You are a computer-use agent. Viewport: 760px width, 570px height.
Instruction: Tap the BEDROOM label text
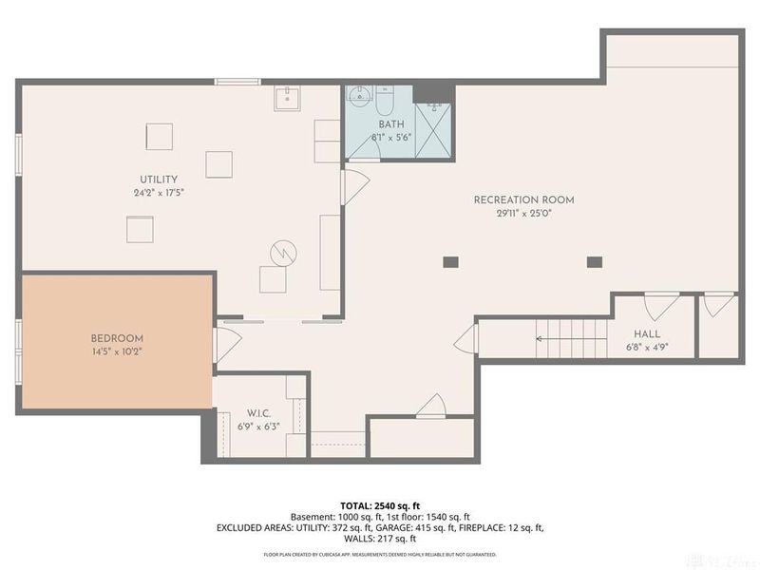click(x=117, y=338)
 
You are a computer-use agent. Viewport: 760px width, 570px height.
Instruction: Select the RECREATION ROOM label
click(x=524, y=199)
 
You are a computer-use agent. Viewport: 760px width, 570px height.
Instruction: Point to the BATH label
click(x=391, y=124)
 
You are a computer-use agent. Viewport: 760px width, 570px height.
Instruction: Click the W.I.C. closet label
click(x=260, y=412)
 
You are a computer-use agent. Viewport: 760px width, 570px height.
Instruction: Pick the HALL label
click(x=647, y=334)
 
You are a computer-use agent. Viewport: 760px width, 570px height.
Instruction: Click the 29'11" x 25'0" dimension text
click(x=524, y=215)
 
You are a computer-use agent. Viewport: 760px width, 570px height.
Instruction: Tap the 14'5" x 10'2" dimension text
click(x=117, y=351)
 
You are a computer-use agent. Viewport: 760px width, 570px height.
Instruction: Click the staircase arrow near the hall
click(x=560, y=337)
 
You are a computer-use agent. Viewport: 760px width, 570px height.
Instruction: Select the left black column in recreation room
click(x=451, y=261)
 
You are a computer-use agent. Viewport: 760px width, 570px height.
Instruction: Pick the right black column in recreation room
click(x=595, y=261)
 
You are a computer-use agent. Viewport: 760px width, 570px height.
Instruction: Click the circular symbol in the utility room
click(x=284, y=252)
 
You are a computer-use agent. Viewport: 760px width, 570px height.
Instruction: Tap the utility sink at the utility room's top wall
click(x=286, y=97)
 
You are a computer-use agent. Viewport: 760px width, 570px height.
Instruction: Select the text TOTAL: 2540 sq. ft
click(x=380, y=505)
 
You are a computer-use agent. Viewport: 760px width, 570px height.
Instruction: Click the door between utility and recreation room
click(x=353, y=186)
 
